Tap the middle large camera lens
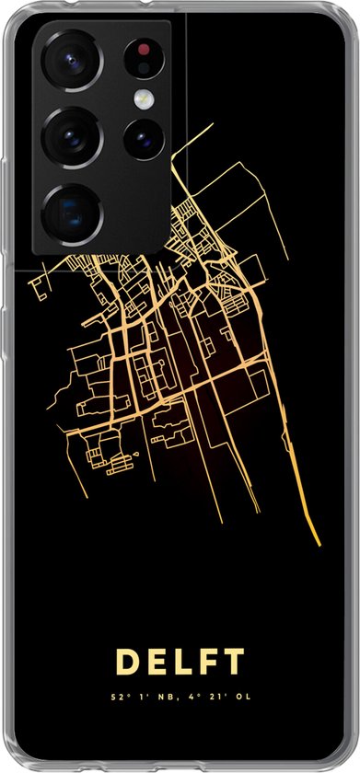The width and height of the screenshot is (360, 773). coord(70,136)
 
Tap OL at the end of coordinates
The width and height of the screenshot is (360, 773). coord(240,697)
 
